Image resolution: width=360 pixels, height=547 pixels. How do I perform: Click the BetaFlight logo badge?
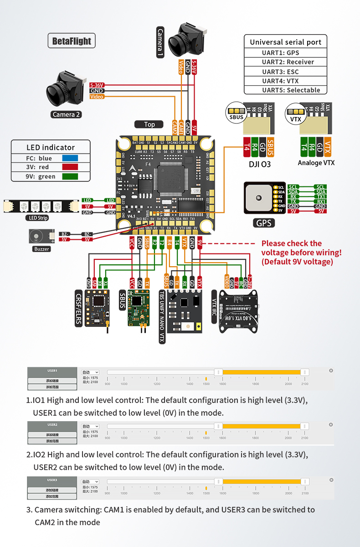tap(72, 41)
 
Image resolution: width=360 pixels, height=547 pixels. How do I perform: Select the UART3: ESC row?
tap(286, 72)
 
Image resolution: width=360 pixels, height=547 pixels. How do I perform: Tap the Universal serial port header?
tap(286, 42)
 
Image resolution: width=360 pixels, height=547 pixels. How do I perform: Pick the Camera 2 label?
tap(66, 114)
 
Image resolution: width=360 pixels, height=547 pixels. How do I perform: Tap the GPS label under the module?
tap(263, 222)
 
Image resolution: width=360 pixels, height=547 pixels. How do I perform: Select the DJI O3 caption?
tap(259, 164)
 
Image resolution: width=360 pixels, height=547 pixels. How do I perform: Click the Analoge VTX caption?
tap(316, 163)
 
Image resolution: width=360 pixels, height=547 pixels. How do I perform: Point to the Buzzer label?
tap(42, 249)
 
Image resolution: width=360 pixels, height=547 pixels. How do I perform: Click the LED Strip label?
tap(37, 218)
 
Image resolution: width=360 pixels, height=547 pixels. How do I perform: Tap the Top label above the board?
tap(149, 124)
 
